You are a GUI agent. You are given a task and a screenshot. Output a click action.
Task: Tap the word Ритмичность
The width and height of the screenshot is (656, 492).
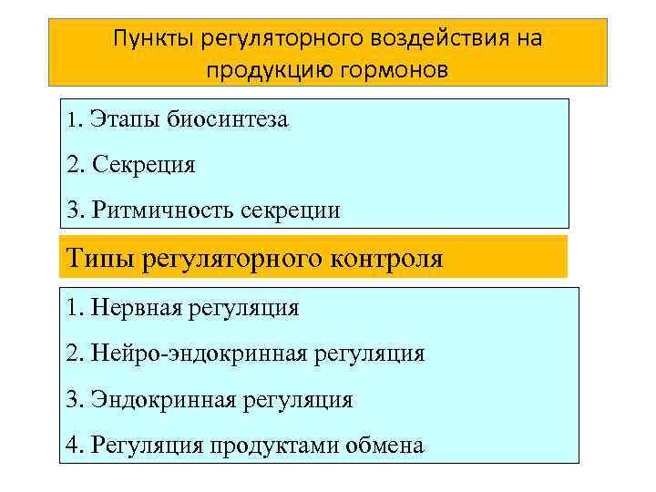(x=163, y=210)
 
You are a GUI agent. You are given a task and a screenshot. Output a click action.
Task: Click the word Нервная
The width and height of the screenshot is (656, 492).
(x=133, y=308)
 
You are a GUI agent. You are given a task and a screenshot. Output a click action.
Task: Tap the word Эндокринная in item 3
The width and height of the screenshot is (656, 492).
(x=156, y=400)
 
